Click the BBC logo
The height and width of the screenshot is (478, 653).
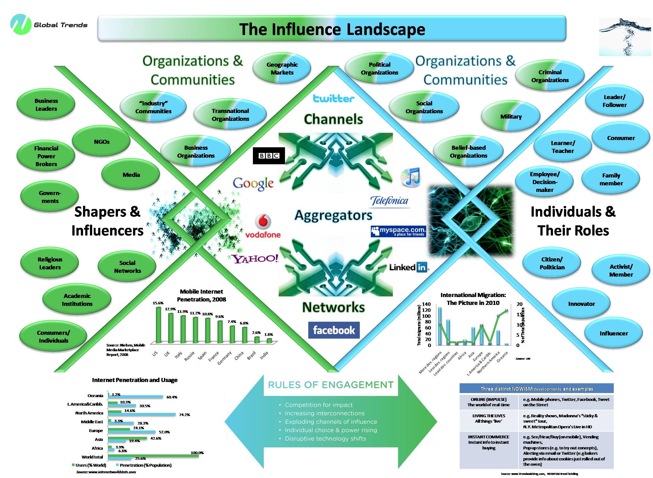[269, 155]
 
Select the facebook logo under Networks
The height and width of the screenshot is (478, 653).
[334, 330]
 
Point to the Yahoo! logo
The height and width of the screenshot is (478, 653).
[255, 259]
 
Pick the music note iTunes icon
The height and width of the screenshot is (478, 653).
[410, 177]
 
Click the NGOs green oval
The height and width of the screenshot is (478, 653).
[101, 142]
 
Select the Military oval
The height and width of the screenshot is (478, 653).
[511, 117]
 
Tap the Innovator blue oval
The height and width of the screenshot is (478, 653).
[581, 304]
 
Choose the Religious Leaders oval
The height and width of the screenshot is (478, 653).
[50, 263]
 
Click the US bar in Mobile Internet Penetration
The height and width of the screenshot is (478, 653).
[158, 325]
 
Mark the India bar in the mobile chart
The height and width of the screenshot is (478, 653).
[269, 340]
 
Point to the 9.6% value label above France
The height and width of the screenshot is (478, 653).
[219, 317]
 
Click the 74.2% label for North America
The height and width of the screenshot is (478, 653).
[184, 415]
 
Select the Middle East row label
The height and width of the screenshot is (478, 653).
[92, 422]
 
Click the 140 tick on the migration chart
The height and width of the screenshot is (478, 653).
[427, 304]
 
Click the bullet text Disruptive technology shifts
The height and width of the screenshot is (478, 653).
[325, 439]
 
